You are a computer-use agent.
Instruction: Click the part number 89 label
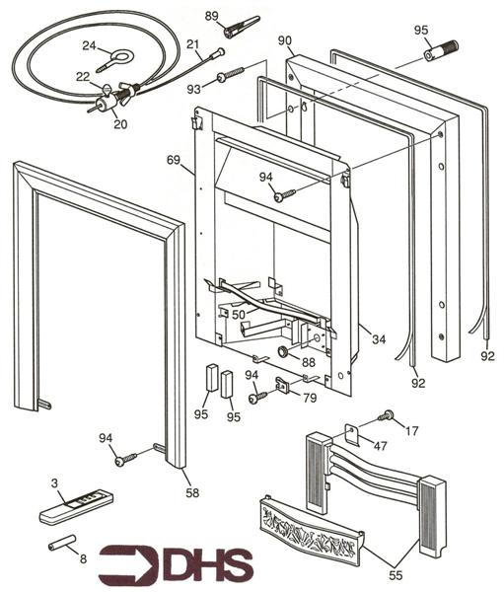point(211,16)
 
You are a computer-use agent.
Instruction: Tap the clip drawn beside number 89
point(242,27)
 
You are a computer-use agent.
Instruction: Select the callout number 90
point(285,40)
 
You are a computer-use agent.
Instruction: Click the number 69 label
point(174,159)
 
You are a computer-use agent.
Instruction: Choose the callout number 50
point(239,314)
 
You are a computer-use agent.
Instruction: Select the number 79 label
point(310,399)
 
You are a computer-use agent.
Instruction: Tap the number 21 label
point(193,44)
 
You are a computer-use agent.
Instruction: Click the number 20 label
point(120,124)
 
